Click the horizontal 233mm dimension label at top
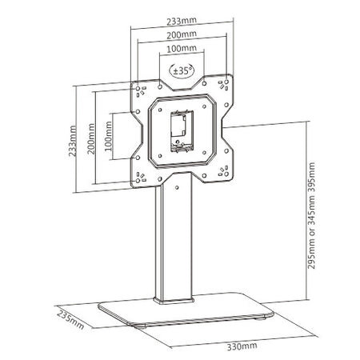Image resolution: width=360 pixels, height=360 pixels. pyautogui.click(x=182, y=21)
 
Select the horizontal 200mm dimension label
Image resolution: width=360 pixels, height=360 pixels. pyautogui.click(x=182, y=34)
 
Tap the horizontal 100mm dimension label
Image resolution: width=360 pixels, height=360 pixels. pyautogui.click(x=182, y=49)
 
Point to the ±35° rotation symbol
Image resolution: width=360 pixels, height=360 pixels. pyautogui.click(x=182, y=70)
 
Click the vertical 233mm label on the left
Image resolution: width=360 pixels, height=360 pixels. pyautogui.click(x=73, y=141)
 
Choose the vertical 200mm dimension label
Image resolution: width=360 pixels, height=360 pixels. pyautogui.click(x=91, y=138)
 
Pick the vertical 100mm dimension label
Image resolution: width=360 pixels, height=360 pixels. pyautogui.click(x=108, y=136)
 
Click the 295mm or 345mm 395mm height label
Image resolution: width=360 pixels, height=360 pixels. pyautogui.click(x=311, y=215)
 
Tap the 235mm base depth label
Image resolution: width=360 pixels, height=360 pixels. pyautogui.click(x=70, y=319)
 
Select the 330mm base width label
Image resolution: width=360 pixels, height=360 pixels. pyautogui.click(x=242, y=346)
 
